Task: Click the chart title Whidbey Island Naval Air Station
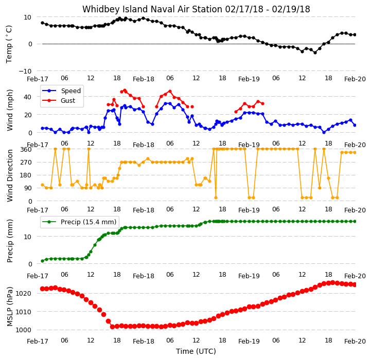(152, 9)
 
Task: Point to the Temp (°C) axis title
(9, 44)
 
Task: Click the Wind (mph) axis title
(9, 110)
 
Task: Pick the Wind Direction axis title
(10, 175)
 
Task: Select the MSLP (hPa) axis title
(10, 307)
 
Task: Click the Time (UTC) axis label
(196, 351)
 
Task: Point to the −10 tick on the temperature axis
(25, 71)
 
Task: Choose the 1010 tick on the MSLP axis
(24, 312)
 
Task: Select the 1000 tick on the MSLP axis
(24, 330)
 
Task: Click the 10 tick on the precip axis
(27, 237)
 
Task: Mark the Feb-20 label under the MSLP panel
(355, 341)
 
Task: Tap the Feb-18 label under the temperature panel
(144, 79)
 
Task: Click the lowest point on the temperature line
(315, 53)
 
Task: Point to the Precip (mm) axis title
(10, 241)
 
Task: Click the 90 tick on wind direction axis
(27, 188)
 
